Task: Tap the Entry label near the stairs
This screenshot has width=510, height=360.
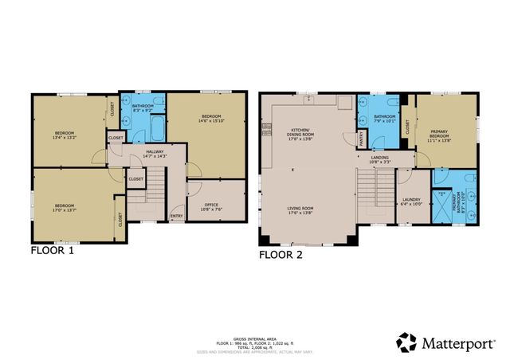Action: pyautogui.click(x=177, y=214)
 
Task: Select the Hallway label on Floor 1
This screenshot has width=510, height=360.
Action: pyautogui.click(x=155, y=154)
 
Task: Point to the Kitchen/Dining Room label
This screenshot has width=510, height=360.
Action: pyautogui.click(x=304, y=131)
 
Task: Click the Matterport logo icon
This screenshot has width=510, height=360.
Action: pyautogui.click(x=406, y=342)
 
